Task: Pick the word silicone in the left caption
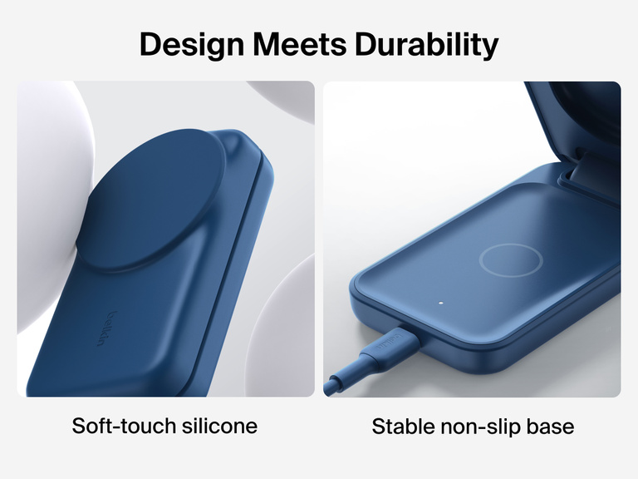pos(218,427)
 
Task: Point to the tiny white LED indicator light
pos(441,303)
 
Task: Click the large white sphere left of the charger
pos(46,200)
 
